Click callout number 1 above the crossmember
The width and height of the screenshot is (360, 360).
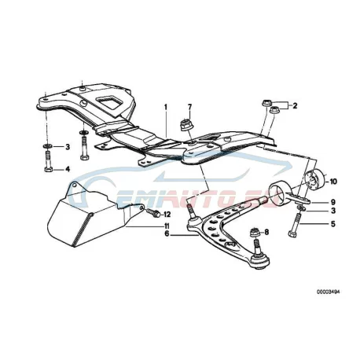165,107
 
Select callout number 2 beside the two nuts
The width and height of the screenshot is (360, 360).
295,106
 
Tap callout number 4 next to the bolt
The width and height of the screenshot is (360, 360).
68,169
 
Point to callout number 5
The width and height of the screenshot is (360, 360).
333,224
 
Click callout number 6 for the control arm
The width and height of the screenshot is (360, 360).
167,233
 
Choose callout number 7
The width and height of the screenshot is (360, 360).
189,107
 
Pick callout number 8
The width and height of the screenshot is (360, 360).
266,232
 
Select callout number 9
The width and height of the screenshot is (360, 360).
332,202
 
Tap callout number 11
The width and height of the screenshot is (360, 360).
167,226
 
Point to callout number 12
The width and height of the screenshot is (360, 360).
167,215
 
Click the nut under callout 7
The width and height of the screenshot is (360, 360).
187,124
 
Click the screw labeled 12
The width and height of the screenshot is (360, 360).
152,213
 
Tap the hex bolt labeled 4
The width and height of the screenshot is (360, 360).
48,162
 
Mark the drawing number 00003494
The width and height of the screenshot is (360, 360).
328,292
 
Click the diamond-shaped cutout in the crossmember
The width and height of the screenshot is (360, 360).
110,102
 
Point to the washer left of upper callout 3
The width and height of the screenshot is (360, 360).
48,145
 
